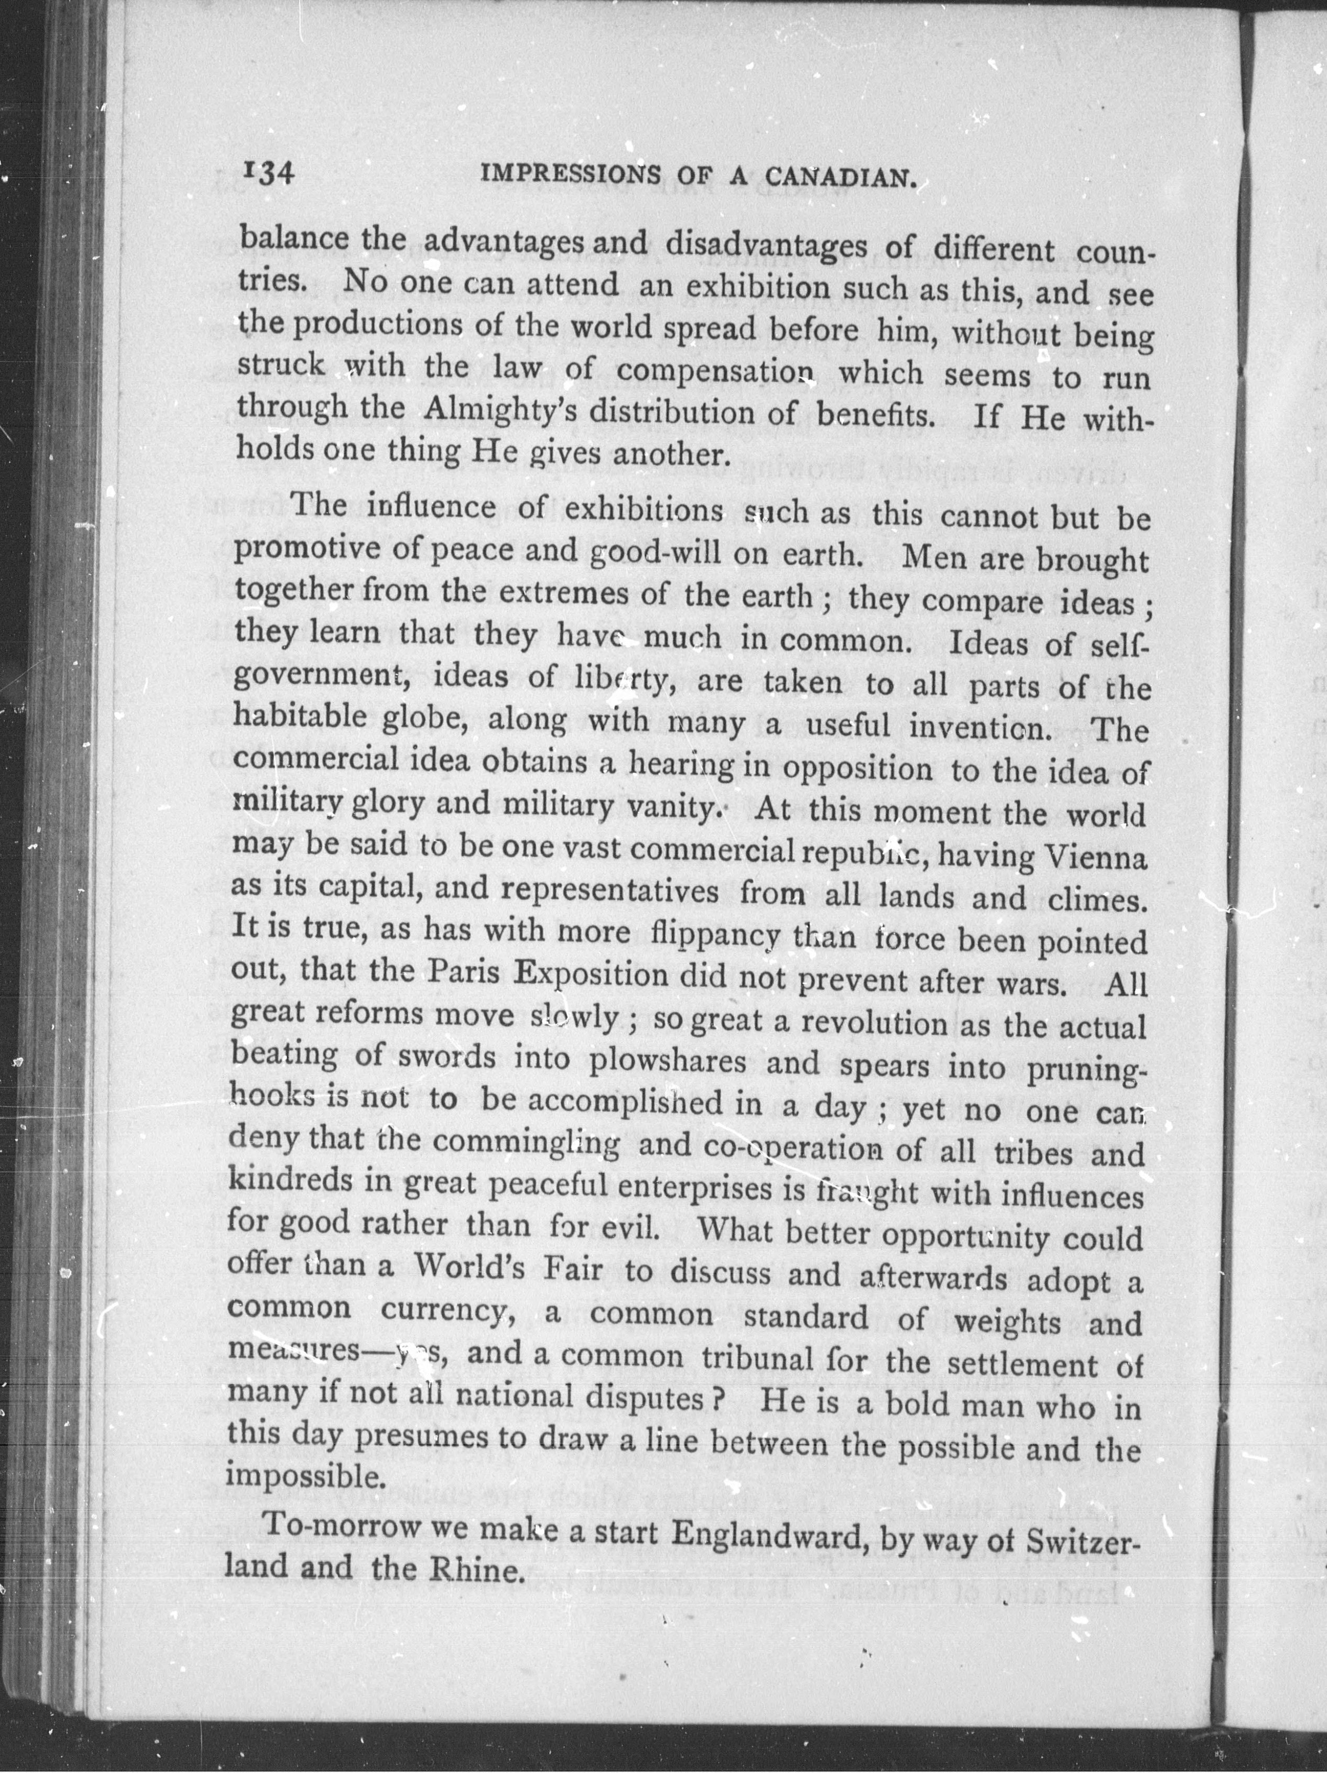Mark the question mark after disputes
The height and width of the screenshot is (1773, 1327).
(719, 1399)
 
